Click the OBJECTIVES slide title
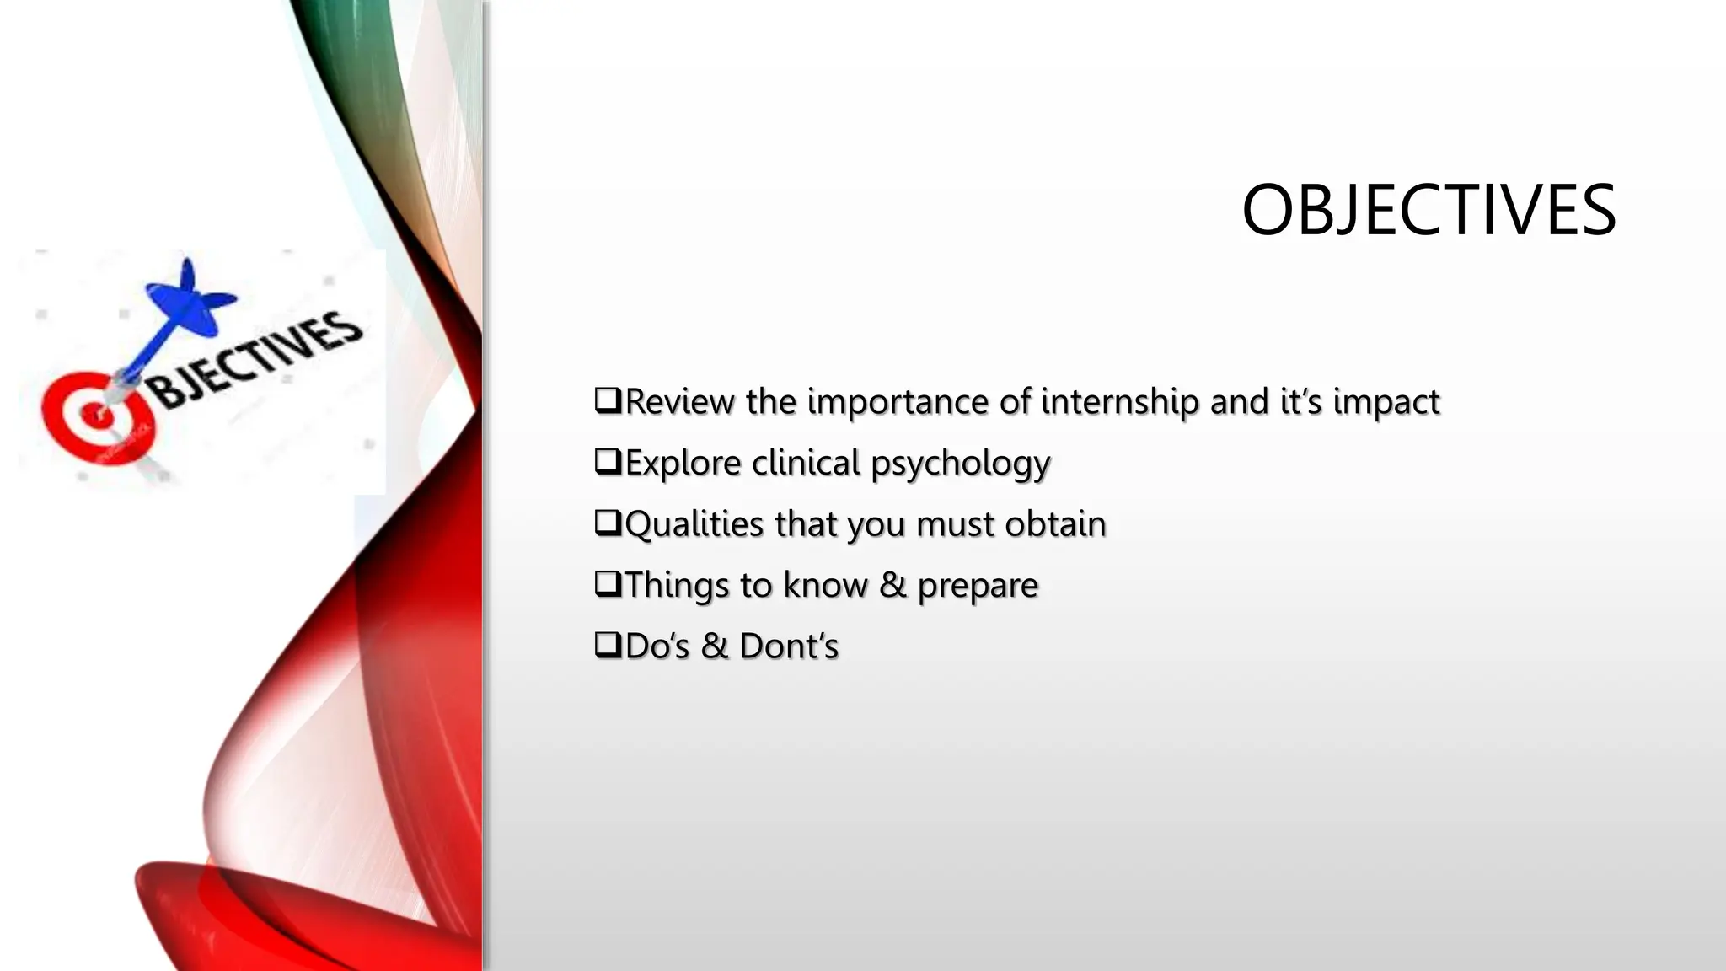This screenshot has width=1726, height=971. pos(1429,210)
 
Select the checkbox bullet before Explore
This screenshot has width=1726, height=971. pos(608,461)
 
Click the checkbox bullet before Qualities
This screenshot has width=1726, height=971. pos(608,523)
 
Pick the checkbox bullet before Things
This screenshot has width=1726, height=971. pos(608,583)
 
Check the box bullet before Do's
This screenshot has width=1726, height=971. pos(608,645)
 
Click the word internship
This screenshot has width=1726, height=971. pos(1120,402)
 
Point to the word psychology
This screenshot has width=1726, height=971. pos(960,464)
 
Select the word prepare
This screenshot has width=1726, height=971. pos(978,587)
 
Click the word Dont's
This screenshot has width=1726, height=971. pos(789,646)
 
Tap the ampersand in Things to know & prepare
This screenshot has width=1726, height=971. pos(892,585)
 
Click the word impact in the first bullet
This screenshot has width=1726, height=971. pos(1386,402)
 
